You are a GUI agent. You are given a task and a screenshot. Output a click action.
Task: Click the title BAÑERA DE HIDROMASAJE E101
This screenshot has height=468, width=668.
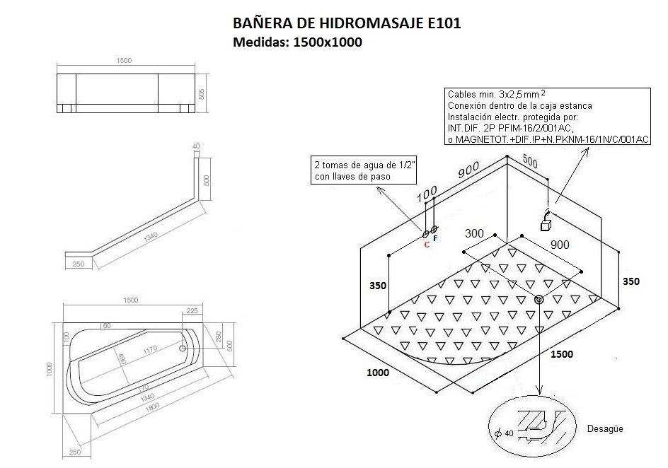(347, 23)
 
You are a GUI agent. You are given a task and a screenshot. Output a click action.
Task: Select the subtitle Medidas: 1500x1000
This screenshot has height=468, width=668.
(298, 42)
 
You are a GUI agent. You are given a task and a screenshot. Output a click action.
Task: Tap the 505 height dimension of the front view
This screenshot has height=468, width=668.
(202, 94)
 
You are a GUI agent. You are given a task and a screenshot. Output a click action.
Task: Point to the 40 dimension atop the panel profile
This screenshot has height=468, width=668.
(196, 146)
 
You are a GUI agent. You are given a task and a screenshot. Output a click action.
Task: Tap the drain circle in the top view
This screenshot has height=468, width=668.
(183, 347)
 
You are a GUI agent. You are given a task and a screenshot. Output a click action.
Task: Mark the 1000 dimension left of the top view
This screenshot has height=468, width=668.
(50, 368)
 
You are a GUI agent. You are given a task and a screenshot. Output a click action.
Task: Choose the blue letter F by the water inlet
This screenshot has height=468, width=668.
(435, 239)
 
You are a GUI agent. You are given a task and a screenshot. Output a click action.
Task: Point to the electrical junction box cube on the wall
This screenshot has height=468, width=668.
(546, 226)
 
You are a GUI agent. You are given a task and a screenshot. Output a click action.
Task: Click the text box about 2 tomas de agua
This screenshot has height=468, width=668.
(364, 170)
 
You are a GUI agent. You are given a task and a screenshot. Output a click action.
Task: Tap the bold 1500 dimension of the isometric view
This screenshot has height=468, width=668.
(562, 353)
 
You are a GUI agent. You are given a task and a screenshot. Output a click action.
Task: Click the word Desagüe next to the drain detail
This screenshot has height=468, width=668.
(606, 429)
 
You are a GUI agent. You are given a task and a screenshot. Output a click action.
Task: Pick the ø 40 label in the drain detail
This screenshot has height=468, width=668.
(504, 433)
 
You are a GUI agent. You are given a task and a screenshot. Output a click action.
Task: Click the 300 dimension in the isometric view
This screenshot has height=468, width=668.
(475, 233)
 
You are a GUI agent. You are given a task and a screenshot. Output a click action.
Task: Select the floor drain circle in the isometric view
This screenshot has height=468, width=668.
(539, 300)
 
